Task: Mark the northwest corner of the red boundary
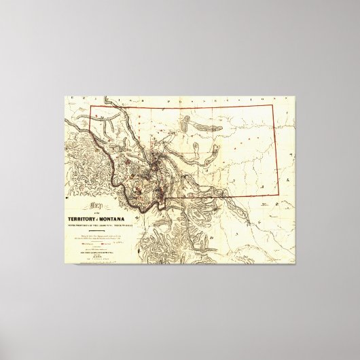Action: click(90, 107)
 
